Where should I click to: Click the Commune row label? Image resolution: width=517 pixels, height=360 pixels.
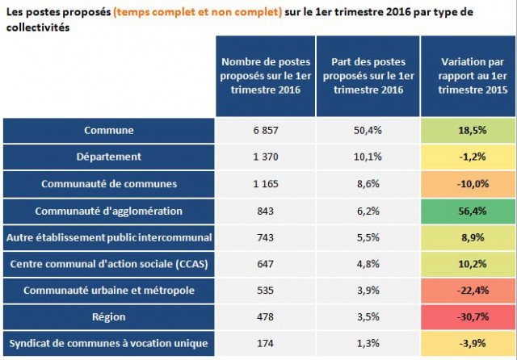(108, 130)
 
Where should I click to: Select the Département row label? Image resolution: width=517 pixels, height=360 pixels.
(108, 157)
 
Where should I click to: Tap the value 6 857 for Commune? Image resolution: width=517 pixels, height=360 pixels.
(265, 130)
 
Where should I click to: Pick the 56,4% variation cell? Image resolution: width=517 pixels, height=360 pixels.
(468, 211)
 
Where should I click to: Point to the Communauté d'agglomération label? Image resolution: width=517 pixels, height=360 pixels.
(108, 211)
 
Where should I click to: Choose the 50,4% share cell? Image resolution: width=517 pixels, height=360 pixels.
(368, 130)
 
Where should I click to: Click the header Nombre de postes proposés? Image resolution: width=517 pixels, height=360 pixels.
(265, 76)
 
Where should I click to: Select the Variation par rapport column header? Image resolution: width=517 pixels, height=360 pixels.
(468, 76)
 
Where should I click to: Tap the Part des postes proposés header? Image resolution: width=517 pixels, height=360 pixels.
(368, 76)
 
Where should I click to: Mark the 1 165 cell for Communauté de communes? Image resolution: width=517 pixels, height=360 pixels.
(265, 183)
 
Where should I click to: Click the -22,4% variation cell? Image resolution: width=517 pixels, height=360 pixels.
(468, 291)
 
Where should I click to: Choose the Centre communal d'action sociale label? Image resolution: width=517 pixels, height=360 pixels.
(108, 264)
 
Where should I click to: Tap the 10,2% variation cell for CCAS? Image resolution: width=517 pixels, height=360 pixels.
(468, 264)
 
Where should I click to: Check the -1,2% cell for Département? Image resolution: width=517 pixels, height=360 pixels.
(468, 157)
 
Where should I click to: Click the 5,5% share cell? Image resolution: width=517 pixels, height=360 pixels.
(368, 237)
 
